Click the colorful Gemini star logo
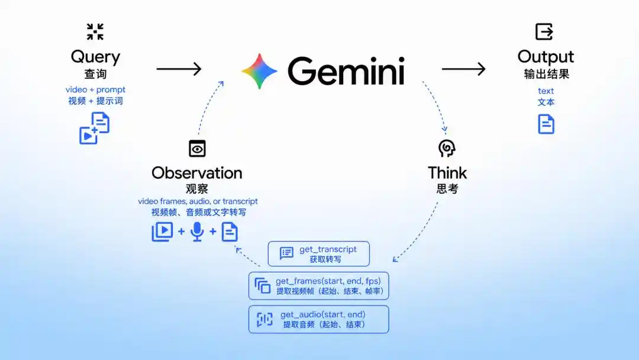click(260, 71)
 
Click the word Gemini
click(346, 71)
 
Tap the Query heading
click(95, 57)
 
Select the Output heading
click(546, 57)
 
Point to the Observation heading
click(197, 173)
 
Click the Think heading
click(447, 173)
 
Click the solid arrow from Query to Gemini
click(179, 69)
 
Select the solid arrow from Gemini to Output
click(464, 69)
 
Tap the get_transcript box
click(319, 253)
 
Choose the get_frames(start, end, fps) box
click(319, 286)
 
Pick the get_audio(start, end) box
click(319, 319)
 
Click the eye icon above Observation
click(197, 149)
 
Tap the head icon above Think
click(447, 148)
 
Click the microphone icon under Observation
click(197, 232)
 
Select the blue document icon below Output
click(546, 124)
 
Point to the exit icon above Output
click(544, 31)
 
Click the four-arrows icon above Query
click(95, 31)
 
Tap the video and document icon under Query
click(94, 128)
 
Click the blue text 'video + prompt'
click(95, 89)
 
